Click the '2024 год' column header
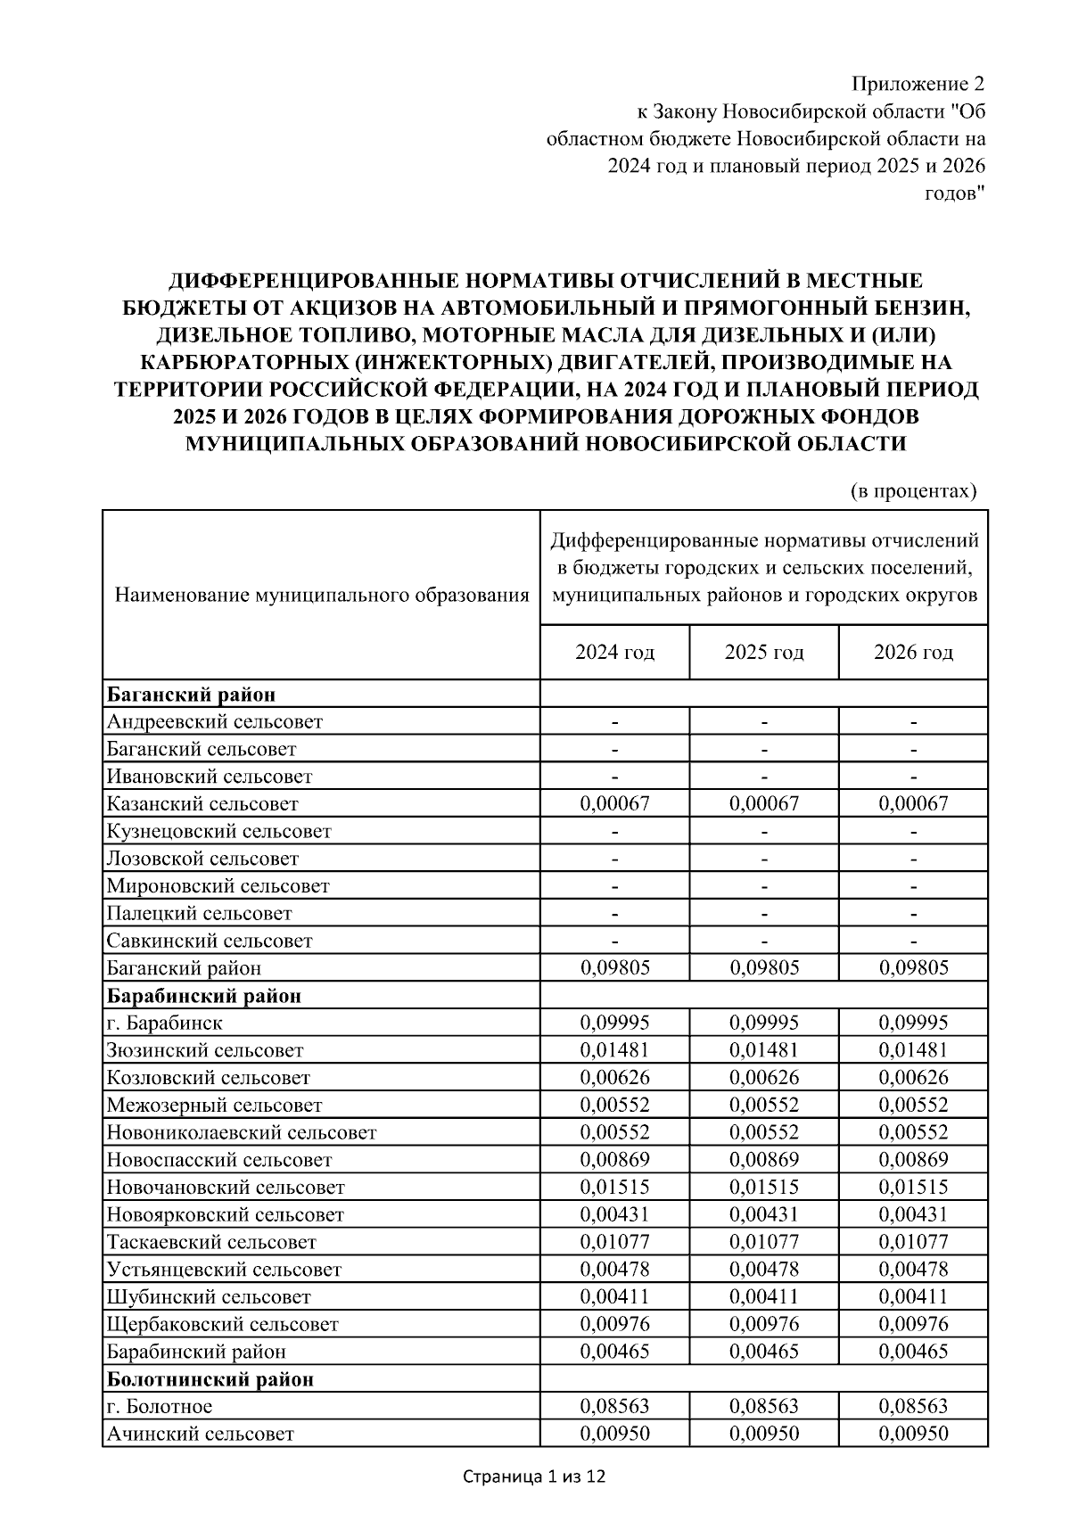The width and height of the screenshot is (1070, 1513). [x=614, y=653]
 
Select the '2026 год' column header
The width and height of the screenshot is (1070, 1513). [x=913, y=653]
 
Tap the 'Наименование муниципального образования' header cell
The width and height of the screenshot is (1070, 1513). [x=322, y=595]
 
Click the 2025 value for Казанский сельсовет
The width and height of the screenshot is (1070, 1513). [x=764, y=803]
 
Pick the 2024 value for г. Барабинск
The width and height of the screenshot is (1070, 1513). [x=614, y=1023]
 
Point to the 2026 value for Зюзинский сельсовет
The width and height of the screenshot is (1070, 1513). [x=913, y=1050]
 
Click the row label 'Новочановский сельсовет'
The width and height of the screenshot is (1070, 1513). [x=226, y=1188]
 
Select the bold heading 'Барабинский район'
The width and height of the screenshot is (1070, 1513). [x=204, y=996]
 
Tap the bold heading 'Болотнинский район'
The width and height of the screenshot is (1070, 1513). [x=210, y=1379]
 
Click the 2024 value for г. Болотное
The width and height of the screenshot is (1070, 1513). [x=614, y=1407]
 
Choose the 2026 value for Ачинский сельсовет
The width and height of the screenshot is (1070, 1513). [x=913, y=1434]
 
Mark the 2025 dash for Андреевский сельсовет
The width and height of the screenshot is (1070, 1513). [x=764, y=721]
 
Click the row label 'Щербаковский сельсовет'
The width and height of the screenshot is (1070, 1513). [x=223, y=1325]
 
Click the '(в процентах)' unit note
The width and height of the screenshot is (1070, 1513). [x=912, y=490]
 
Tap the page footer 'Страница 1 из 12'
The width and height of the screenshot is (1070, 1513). [x=534, y=1477]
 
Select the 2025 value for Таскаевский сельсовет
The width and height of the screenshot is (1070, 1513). [x=764, y=1242]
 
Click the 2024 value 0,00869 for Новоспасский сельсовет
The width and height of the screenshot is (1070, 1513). [x=614, y=1160]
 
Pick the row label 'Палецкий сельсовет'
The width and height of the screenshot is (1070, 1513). [x=200, y=913]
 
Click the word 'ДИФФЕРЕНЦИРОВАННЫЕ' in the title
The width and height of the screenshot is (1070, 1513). [x=291, y=281]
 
